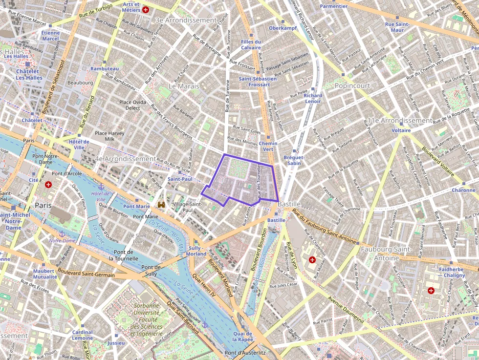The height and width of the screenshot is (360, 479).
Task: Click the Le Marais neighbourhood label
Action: point(184,86)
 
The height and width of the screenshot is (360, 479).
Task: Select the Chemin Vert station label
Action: point(268,146)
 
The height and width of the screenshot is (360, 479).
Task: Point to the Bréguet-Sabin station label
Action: point(294,160)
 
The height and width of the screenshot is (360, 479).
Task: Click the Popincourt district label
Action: point(352,86)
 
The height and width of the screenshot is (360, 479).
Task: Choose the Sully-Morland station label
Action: point(196,251)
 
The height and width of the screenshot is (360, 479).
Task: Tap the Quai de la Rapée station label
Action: point(242,336)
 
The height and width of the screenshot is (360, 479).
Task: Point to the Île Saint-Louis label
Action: point(137,238)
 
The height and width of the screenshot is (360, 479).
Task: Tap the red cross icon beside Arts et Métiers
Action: point(146,10)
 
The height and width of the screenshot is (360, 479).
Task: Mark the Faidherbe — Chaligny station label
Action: point(452,273)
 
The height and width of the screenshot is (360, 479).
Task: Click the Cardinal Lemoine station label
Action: point(82,335)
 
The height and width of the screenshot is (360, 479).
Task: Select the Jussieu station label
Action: point(116,343)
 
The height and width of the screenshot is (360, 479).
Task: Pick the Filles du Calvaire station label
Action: point(251,44)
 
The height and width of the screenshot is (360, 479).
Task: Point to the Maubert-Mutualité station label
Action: point(45,274)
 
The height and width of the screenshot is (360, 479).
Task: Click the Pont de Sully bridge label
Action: point(151,271)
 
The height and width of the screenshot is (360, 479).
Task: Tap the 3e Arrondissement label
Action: point(186,20)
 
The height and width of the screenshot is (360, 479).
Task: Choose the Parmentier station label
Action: point(334,6)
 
